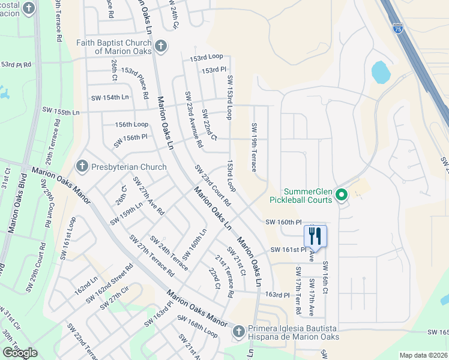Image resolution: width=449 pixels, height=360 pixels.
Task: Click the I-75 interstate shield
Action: [398, 28]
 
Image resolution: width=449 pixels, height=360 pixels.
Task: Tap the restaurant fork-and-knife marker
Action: [315, 236]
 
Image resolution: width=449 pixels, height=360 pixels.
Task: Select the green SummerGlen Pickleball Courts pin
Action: [342, 194]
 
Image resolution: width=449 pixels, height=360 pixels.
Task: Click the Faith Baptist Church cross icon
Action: [160, 46]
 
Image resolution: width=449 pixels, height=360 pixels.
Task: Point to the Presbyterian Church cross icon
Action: [82, 165]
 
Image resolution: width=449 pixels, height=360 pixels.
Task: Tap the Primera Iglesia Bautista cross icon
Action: [238, 331]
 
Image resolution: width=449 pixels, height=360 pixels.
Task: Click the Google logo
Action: [20, 353]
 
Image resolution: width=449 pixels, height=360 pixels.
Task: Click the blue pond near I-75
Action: [381, 73]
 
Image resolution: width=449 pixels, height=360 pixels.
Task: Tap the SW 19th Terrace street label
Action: [255, 147]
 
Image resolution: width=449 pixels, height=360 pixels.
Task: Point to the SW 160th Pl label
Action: [285, 222]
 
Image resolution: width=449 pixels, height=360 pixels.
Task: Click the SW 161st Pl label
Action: [288, 249]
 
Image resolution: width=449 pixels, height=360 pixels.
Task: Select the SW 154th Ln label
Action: [110, 97]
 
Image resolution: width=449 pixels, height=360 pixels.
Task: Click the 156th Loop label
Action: [131, 124]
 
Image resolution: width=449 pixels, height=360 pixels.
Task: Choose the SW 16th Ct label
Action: [325, 277]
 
